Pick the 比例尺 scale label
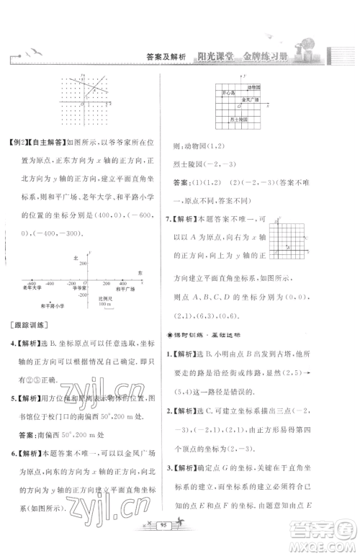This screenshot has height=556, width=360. pyautogui.click(x=105, y=296)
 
